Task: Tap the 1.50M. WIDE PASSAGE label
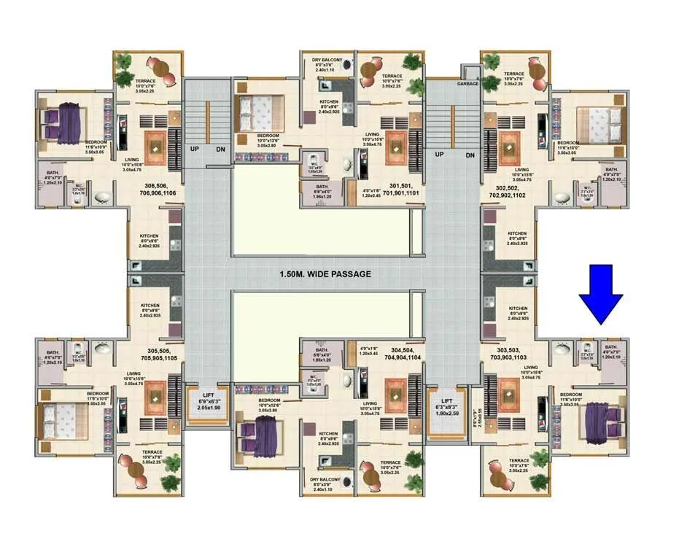(325, 274)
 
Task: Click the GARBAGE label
(467, 84)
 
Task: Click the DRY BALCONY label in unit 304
(327, 484)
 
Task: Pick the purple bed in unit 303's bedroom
(602, 422)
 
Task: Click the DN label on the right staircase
(470, 155)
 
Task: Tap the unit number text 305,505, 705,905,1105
(158, 354)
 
